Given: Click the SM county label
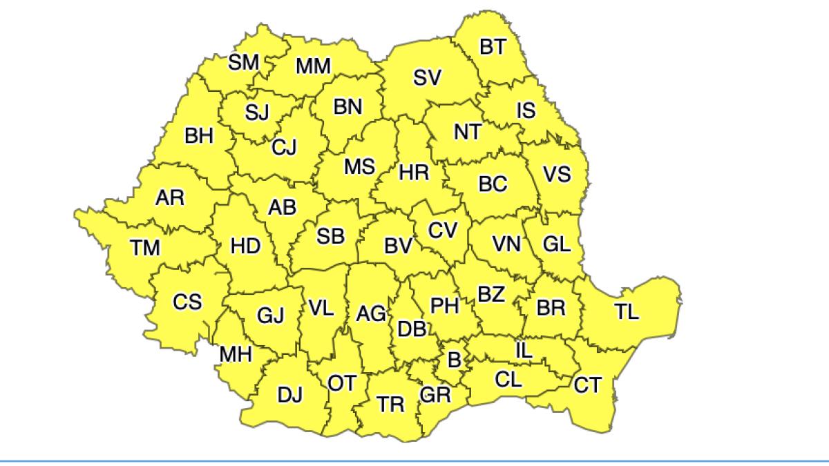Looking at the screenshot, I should click(x=243, y=63).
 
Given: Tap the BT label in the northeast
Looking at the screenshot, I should click(x=493, y=47).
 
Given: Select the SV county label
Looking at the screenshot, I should click(x=427, y=79).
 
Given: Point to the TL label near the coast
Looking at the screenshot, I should click(x=627, y=311).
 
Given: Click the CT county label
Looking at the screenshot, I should click(x=588, y=385).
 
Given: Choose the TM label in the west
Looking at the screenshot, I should click(x=145, y=247).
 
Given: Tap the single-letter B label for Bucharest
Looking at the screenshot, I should click(x=454, y=359).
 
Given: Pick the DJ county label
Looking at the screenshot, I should click(x=290, y=395).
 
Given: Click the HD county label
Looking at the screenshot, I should click(x=245, y=246).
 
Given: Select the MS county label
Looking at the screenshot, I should click(x=359, y=166).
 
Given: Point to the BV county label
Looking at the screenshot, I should click(x=398, y=246).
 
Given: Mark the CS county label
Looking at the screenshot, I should click(x=187, y=302).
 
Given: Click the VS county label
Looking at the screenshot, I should click(x=557, y=174).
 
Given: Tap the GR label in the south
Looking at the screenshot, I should click(x=435, y=394).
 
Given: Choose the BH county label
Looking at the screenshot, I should click(x=199, y=136).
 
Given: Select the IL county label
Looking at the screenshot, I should click(x=524, y=351).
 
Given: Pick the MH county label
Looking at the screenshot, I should click(x=236, y=355).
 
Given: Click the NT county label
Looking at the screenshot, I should click(x=467, y=132).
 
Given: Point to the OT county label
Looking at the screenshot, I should click(x=342, y=383).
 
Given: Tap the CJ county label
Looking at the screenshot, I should click(x=284, y=146).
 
